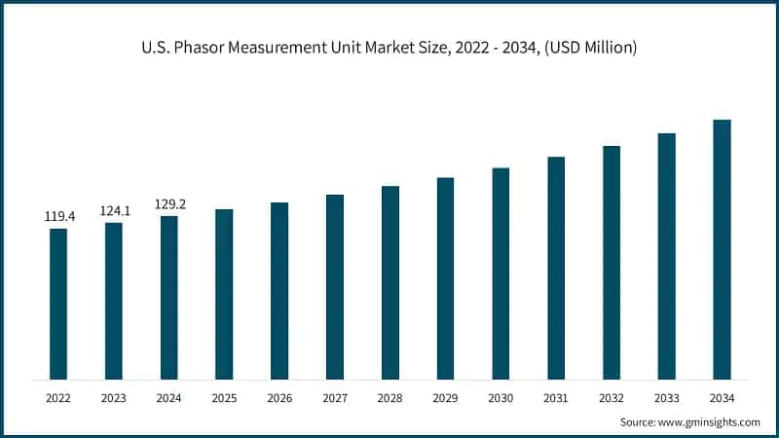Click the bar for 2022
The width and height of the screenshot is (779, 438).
click(58, 304)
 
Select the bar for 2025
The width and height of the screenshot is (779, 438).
click(224, 294)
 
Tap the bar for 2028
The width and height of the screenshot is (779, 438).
click(390, 282)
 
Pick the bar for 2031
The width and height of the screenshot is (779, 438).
click(556, 268)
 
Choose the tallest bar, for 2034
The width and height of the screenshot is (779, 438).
click(722, 249)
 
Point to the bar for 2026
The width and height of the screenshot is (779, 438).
click(279, 291)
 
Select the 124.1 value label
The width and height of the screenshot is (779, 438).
click(114, 210)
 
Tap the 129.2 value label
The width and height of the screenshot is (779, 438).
click(169, 204)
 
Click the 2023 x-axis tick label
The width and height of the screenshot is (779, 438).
click(114, 398)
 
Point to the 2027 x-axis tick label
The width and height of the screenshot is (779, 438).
click(335, 398)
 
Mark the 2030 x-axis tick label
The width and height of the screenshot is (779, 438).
click(501, 398)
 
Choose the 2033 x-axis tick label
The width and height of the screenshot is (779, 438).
click(666, 398)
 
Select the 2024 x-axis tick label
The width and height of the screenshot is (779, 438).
click(169, 398)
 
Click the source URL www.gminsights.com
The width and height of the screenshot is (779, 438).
click(712, 422)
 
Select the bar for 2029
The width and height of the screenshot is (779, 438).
click(445, 278)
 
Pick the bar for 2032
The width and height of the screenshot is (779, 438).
click(612, 263)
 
